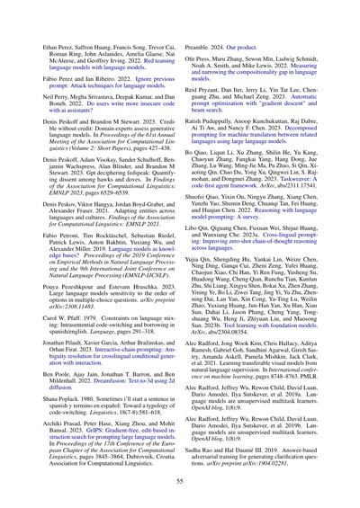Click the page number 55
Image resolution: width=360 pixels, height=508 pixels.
pyautogui.click(x=180, y=480)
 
